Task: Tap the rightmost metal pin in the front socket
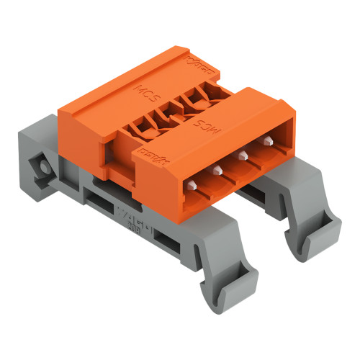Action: (269, 141)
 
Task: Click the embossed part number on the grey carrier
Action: (132, 215)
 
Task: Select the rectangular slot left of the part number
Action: (102, 206)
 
